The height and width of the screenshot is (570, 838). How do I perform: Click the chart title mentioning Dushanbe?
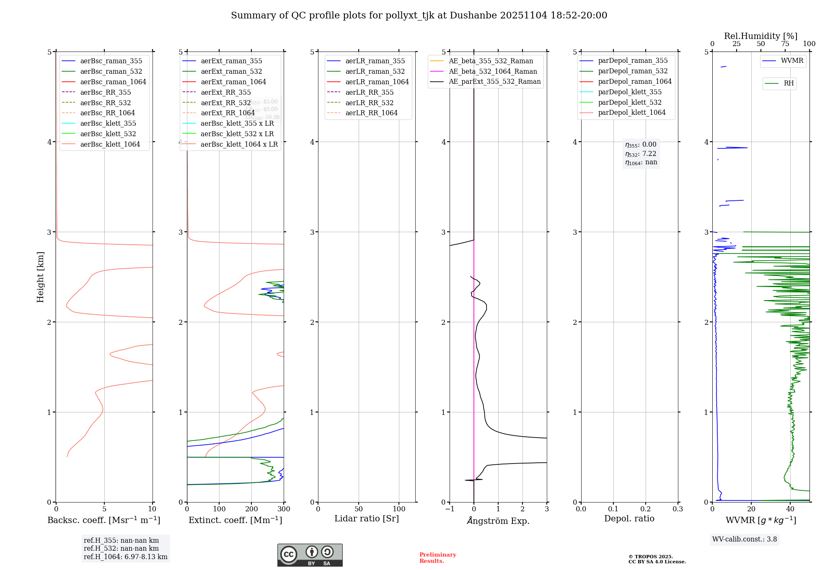click(x=419, y=16)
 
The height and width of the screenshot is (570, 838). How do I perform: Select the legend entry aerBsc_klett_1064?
click(x=110, y=144)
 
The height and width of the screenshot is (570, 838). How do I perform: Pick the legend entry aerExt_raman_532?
click(x=231, y=71)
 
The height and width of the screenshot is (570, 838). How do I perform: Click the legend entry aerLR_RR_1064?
click(x=371, y=113)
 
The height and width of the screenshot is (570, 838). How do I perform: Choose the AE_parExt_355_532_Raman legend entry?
click(x=494, y=81)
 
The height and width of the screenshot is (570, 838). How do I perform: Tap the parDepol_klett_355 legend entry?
click(x=630, y=92)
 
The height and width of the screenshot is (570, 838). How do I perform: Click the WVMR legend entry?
click(x=792, y=61)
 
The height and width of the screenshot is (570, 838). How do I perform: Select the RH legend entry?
click(x=789, y=83)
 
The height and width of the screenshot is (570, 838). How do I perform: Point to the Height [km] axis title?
click(x=40, y=277)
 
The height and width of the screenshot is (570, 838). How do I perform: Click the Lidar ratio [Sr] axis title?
click(x=367, y=518)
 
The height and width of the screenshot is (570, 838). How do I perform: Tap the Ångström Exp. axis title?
click(x=498, y=521)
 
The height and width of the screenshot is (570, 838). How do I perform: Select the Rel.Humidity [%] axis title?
click(x=760, y=36)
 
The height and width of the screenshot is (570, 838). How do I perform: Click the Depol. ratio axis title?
click(x=629, y=518)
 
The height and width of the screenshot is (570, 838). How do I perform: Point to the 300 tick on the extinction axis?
click(x=284, y=509)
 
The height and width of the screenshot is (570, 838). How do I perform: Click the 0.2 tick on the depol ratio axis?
click(x=646, y=509)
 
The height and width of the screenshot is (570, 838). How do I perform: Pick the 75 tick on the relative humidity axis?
click(x=785, y=44)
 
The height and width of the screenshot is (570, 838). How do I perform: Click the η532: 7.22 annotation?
click(x=641, y=153)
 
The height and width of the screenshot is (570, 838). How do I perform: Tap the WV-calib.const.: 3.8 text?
click(x=745, y=539)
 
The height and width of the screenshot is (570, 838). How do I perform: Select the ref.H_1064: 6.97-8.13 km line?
click(x=125, y=557)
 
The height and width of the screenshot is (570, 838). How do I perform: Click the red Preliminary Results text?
click(x=437, y=557)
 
